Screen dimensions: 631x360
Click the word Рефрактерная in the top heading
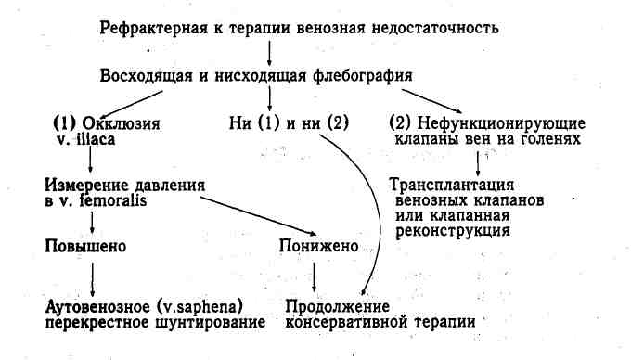click(x=154, y=29)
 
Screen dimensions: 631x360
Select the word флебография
click(x=362, y=76)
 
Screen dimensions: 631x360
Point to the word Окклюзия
click(x=121, y=123)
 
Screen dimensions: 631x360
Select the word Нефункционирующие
click(x=501, y=123)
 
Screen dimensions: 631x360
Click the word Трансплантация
click(x=452, y=185)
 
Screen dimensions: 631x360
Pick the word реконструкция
click(x=453, y=231)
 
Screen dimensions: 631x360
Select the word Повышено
click(x=85, y=246)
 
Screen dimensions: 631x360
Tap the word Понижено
click(x=318, y=246)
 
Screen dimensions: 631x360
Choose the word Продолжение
click(x=337, y=307)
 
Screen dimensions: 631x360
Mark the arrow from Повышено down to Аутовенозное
click(x=92, y=279)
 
